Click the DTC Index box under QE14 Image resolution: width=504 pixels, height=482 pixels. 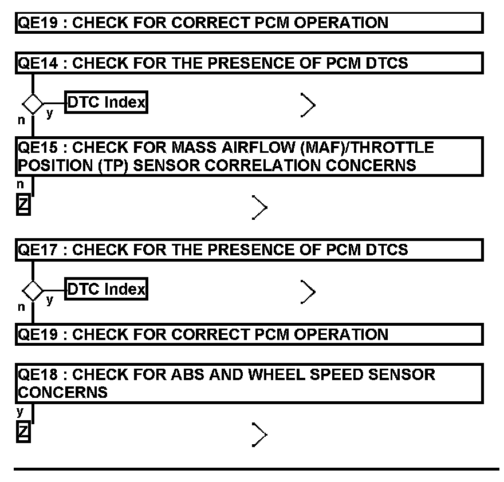[106, 103]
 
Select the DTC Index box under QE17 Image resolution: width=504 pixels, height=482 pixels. [106, 290]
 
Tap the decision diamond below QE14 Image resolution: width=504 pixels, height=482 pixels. [33, 104]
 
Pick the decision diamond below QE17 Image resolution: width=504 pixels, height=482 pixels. [33, 291]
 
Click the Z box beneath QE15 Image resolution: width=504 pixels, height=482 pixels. [23, 204]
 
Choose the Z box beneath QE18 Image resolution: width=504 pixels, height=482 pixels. [23, 431]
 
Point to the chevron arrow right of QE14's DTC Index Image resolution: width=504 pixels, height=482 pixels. [308, 105]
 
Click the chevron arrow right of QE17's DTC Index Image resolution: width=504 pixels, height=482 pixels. [308, 292]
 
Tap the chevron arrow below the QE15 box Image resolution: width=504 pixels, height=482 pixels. [259, 207]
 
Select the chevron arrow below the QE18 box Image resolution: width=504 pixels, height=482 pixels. [259, 435]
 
